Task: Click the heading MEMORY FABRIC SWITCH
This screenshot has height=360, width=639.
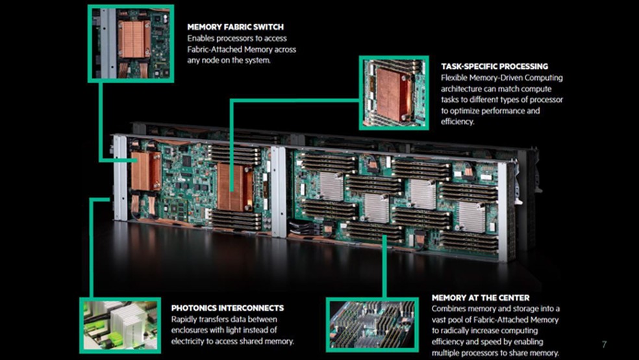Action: coord(235,27)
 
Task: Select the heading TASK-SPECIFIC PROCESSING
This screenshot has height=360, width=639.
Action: coord(494,66)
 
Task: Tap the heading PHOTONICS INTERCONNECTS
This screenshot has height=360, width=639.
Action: coord(227,307)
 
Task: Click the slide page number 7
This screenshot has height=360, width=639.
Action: coord(604,344)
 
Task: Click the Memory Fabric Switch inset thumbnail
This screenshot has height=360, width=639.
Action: coord(130,43)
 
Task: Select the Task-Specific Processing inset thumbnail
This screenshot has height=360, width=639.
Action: coord(394,92)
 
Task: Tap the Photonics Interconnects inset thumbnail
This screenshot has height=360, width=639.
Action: coord(119,325)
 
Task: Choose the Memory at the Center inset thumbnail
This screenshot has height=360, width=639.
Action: coord(370,325)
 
